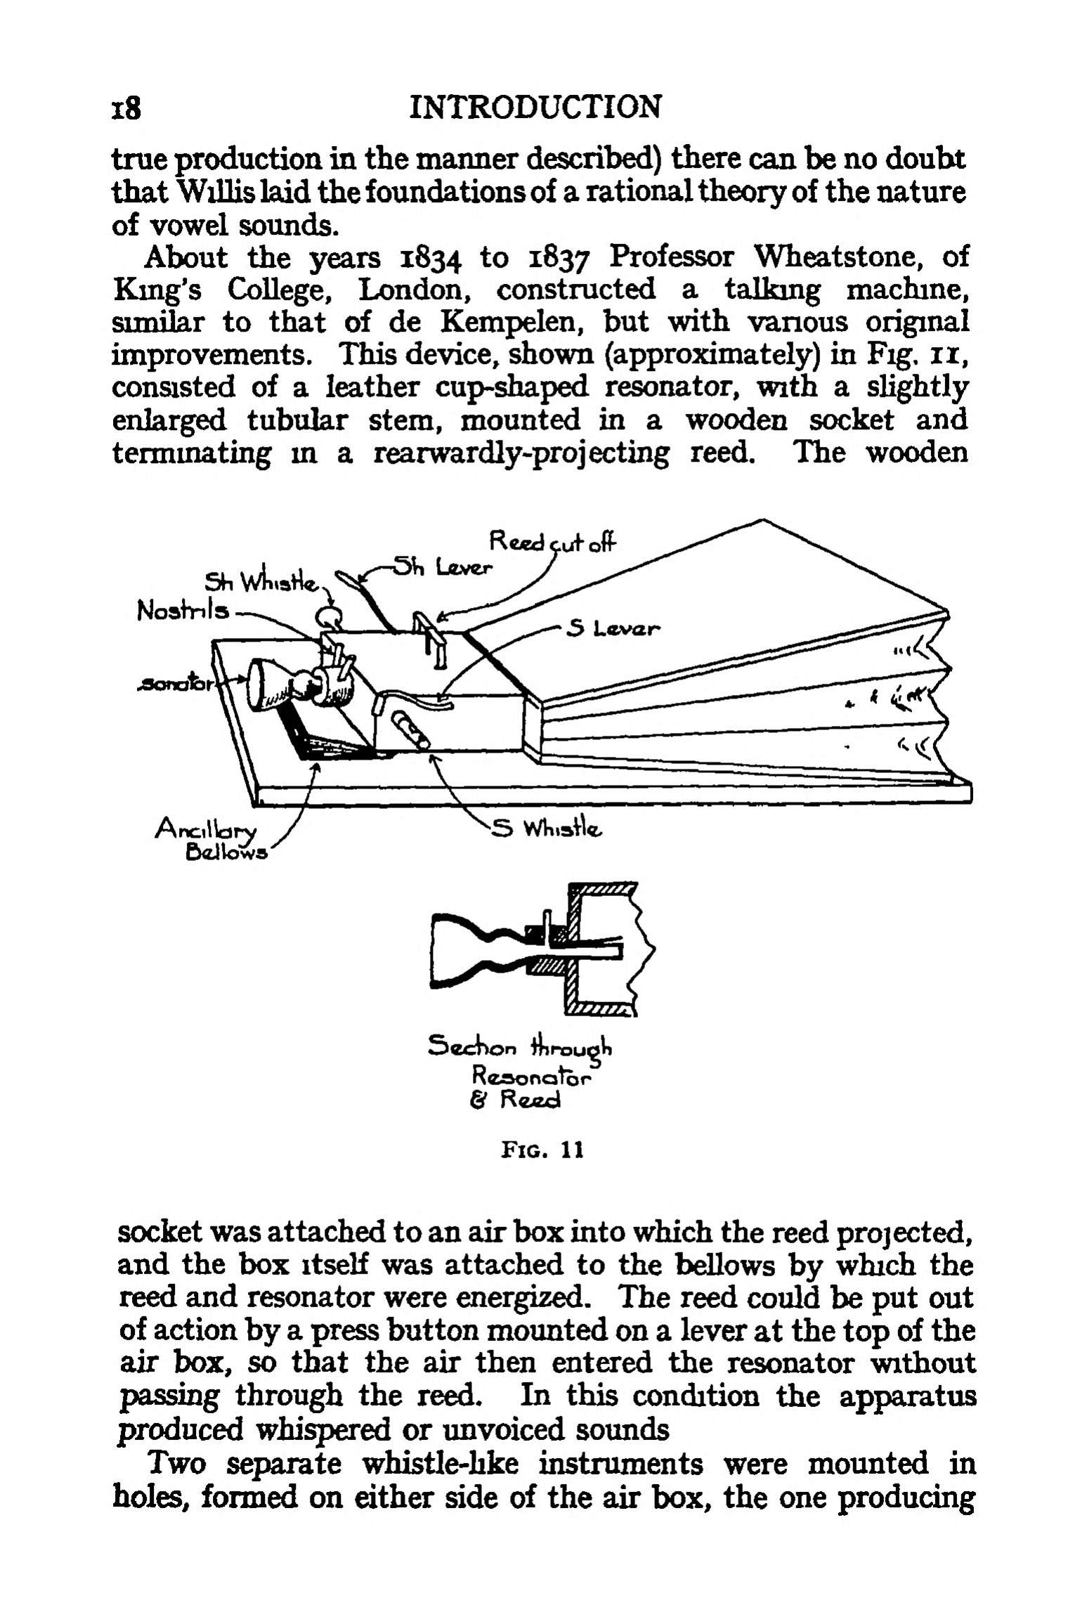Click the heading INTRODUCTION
click(x=535, y=108)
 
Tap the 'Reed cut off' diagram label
click(x=552, y=542)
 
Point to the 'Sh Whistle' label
click(x=261, y=582)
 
